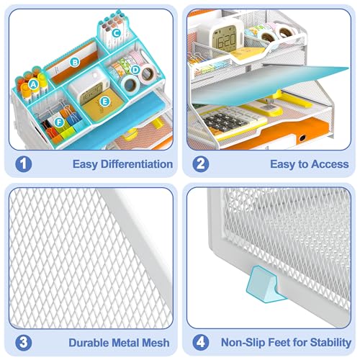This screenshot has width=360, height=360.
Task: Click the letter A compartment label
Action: point(33,84)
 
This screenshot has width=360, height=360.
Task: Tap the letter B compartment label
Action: point(75,63)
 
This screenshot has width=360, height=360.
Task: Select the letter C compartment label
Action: point(117,33)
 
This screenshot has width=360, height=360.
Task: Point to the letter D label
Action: point(135,70)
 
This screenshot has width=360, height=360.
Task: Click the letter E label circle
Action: point(104,102)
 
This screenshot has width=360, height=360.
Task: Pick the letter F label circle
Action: point(59,122)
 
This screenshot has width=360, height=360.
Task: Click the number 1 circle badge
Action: point(24,164)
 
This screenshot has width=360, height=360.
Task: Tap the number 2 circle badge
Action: point(201,164)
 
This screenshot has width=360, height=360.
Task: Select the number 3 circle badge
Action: point(24,343)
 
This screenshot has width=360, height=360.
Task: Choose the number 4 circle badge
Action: point(201,343)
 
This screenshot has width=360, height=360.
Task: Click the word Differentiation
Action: point(137,164)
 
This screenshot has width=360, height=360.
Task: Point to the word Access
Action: point(330,164)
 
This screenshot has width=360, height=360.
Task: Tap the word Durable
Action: point(89,343)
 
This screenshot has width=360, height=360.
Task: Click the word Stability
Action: point(330,343)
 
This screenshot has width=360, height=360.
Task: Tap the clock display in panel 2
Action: point(226,40)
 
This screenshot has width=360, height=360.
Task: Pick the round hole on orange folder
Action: point(302,138)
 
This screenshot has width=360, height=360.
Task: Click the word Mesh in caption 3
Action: point(155,343)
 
